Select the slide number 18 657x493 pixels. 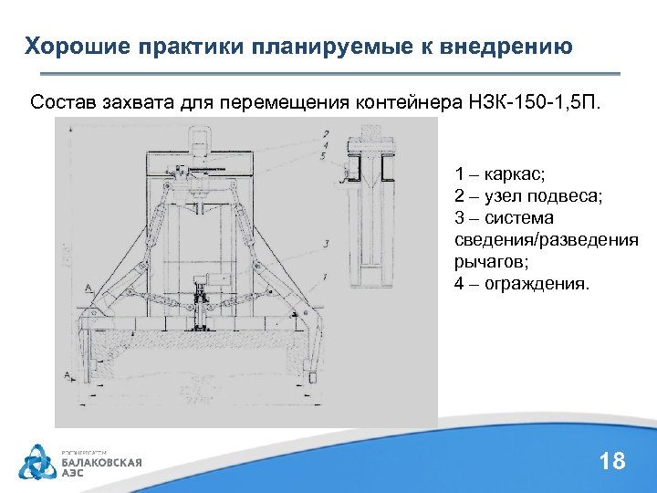(612, 461)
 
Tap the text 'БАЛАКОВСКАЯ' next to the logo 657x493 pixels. (101, 462)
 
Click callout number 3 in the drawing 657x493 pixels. (326, 243)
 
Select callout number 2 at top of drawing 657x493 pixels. (326, 134)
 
